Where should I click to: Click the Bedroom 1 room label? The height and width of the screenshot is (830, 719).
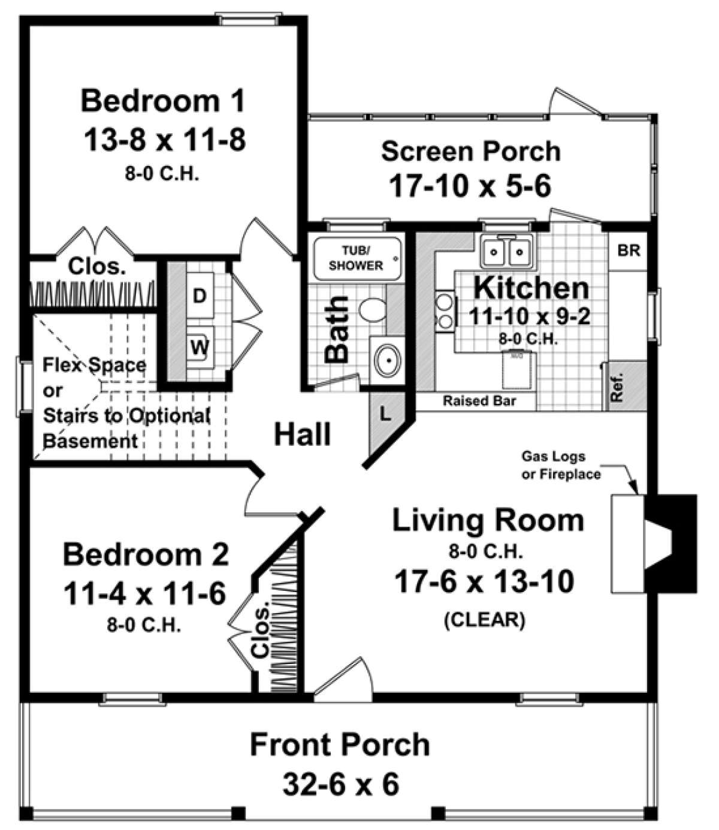163,101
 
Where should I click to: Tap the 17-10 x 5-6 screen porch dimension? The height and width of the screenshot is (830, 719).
470,186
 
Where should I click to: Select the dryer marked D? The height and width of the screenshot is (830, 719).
200,295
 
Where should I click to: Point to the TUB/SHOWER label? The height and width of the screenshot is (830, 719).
355,258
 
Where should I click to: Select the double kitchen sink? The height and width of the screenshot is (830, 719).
506,252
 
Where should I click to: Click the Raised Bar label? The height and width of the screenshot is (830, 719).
479,400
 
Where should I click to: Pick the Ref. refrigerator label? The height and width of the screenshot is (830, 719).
617,387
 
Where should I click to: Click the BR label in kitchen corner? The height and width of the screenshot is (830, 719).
629,250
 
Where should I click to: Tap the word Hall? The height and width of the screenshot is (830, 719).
303,434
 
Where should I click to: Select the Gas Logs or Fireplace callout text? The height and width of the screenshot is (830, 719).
560,465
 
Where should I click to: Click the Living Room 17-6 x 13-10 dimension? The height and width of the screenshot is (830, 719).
484,581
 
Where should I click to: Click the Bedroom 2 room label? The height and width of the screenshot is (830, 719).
146,554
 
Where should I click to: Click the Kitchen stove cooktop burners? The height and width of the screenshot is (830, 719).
445,310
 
